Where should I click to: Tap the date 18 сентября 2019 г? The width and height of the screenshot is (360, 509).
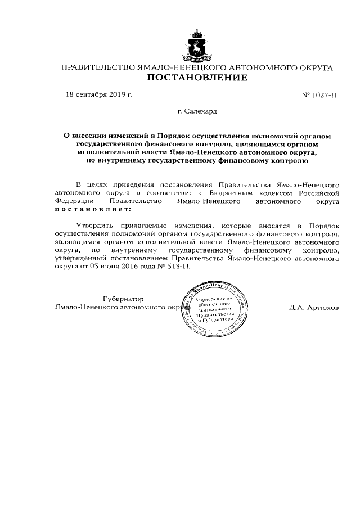[x=99, y=94]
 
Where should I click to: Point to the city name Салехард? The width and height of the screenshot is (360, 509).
[x=200, y=112]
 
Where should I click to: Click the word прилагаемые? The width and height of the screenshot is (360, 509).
[x=145, y=224]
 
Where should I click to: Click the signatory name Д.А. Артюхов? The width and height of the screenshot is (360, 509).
[x=314, y=308]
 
